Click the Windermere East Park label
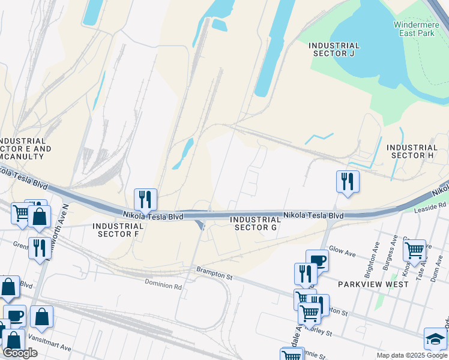tap(417, 28)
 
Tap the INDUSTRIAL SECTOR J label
tap(334, 49)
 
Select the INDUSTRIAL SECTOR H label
tap(412, 151)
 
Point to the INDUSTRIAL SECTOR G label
tap(256, 223)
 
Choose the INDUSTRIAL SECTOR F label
tap(118, 230)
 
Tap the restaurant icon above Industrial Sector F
tap(145, 199)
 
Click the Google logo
tap(20, 353)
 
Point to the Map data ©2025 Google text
tap(411, 355)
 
